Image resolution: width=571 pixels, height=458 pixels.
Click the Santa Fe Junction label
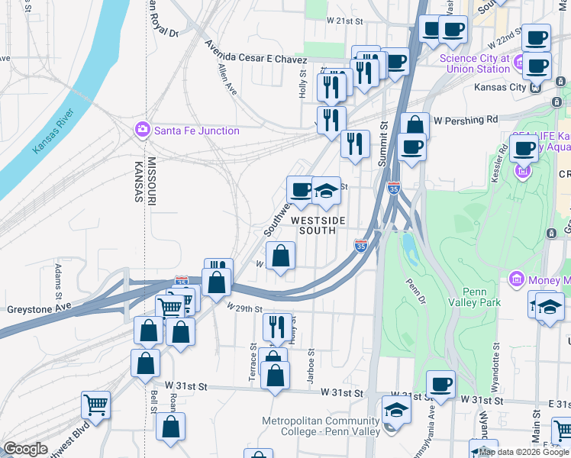197,131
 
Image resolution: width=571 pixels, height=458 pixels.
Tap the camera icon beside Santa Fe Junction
141,130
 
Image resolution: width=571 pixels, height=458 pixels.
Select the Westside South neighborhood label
318,225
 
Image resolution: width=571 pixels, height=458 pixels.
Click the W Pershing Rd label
465,120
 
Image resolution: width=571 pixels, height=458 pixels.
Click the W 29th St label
244,308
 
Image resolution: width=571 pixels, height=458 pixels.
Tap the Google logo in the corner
25,449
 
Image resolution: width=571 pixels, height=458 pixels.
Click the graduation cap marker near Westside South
326,192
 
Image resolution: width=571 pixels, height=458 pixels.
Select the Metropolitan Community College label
321,426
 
